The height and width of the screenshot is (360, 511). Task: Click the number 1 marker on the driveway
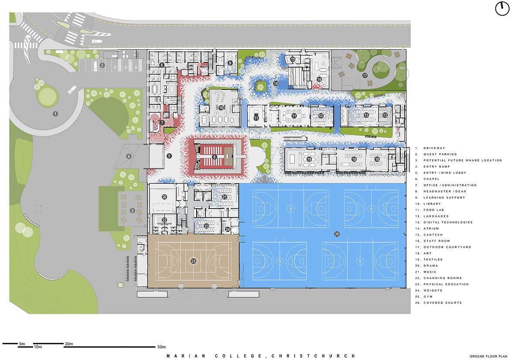[55, 114]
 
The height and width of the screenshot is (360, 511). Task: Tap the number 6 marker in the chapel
[214, 157]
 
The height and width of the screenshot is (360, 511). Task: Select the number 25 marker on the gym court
[194, 261]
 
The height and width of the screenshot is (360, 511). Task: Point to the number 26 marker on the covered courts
[337, 234]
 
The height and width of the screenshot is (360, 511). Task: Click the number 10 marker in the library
[221, 108]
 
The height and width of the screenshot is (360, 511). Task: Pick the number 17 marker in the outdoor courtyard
[365, 75]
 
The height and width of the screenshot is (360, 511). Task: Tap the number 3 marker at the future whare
[132, 211]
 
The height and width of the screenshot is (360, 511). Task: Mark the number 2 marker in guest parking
[102, 65]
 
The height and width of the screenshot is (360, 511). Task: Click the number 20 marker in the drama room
[164, 197]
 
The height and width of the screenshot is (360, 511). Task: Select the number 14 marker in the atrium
[276, 83]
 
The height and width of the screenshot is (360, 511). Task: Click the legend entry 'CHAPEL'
[432, 179]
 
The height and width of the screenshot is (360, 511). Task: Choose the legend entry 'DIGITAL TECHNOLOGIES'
[448, 223]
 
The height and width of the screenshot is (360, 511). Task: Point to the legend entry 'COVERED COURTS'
[443, 303]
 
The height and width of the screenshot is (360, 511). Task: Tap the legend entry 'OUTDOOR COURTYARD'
[447, 247]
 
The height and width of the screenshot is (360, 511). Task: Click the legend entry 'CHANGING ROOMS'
[443, 278]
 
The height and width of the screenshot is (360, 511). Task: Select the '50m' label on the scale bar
[162, 346]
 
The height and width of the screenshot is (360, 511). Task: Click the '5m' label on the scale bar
[22, 344]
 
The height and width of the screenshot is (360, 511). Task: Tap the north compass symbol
[502, 8]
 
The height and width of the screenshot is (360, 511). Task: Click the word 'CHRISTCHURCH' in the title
[313, 356]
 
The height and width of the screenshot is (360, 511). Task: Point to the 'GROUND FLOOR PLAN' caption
[488, 357]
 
